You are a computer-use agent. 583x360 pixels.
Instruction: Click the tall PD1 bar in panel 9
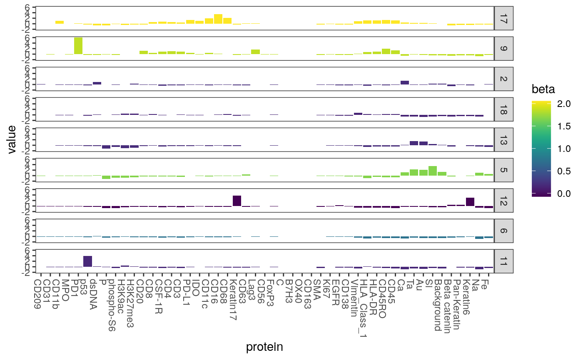78,46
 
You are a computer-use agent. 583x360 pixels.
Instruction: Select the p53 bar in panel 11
87,261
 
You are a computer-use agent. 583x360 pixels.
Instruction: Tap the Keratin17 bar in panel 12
237,201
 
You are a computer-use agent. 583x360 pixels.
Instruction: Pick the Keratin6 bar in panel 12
470,202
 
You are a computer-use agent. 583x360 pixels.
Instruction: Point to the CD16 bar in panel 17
218,19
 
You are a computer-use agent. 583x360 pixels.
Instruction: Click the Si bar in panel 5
433,171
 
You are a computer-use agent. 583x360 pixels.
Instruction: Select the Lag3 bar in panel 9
255,52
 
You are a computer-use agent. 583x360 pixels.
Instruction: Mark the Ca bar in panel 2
405,82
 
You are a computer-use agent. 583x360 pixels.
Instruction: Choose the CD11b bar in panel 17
60,22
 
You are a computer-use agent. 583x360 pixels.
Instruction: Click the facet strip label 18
503,109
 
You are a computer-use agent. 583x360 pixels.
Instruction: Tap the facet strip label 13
503,139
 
